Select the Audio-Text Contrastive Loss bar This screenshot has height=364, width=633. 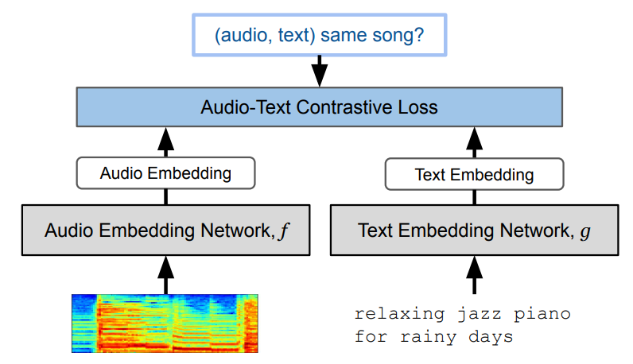point(319,106)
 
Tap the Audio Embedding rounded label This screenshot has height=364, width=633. point(165,172)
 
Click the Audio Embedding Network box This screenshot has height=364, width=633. point(165,231)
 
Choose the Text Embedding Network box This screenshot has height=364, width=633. point(474,231)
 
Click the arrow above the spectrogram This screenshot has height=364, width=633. point(165,274)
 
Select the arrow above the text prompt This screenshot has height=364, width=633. point(474,274)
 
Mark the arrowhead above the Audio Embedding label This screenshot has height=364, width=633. point(165,140)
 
